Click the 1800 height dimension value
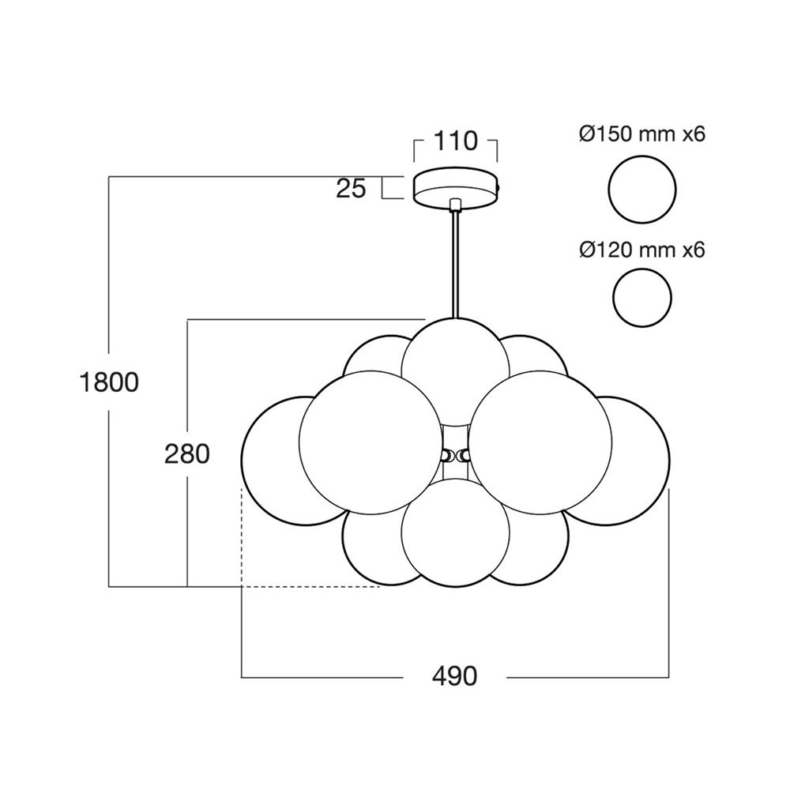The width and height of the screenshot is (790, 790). (109, 382)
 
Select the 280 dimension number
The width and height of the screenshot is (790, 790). (187, 453)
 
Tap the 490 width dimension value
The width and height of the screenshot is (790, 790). (454, 676)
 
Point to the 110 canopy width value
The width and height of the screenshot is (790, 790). (456, 141)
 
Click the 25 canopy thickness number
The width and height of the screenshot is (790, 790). (351, 188)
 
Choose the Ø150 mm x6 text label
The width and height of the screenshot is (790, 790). (641, 134)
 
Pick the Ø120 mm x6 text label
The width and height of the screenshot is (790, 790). (641, 250)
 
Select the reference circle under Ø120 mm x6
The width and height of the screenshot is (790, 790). (642, 298)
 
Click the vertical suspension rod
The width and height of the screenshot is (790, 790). (455, 261)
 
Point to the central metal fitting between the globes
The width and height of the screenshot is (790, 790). (455, 455)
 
